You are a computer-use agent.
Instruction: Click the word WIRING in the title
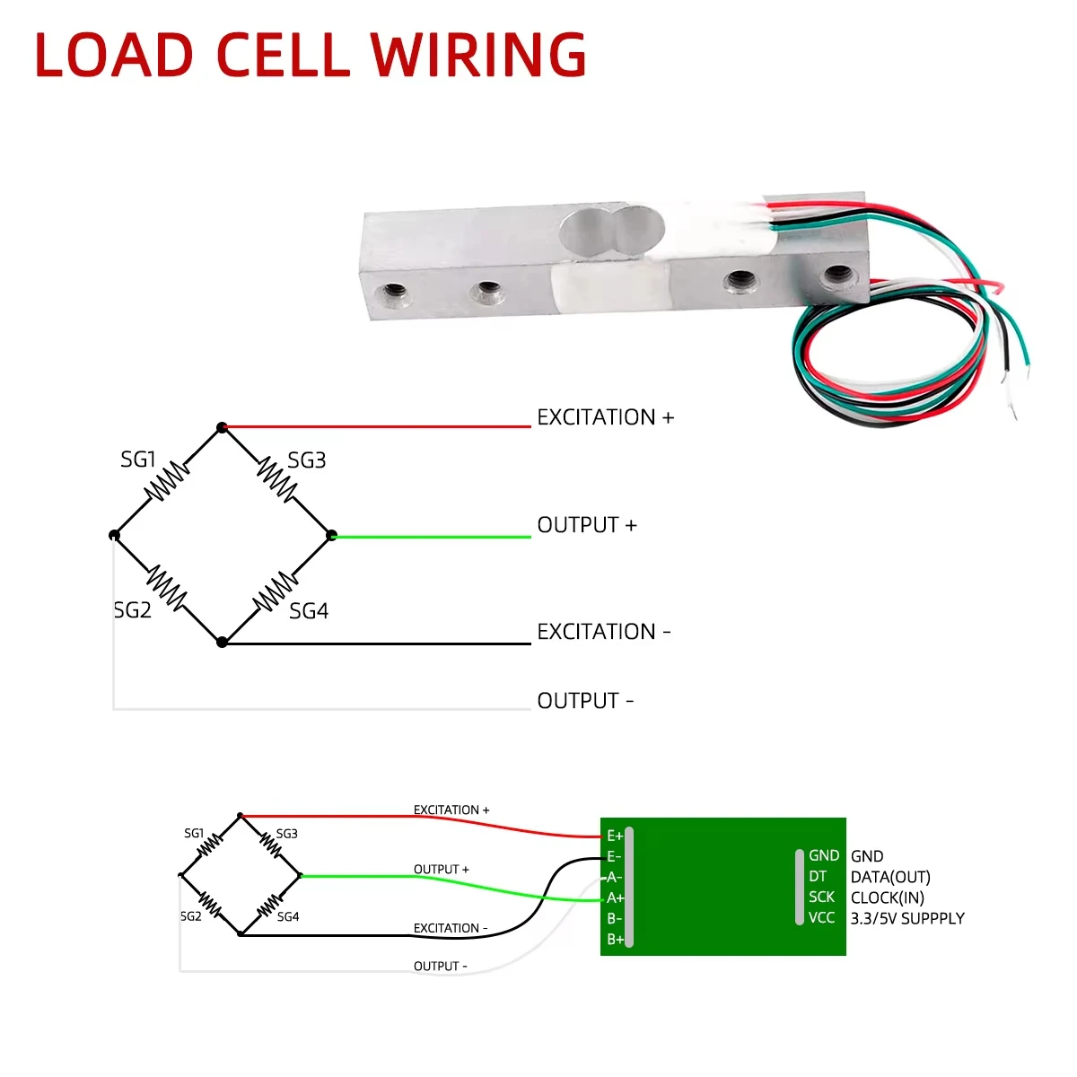point(477,54)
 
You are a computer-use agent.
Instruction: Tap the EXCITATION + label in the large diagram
point(605,417)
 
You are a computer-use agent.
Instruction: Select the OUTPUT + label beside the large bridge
point(587,525)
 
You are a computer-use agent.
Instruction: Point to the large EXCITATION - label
point(604,632)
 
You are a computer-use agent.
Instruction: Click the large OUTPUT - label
point(585,700)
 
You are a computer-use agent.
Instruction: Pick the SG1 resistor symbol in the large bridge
point(167,481)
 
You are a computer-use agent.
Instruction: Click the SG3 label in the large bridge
point(306,460)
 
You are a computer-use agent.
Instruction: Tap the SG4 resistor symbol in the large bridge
point(276,591)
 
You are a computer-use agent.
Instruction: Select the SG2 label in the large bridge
point(133,609)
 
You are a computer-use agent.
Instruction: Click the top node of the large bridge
point(222,427)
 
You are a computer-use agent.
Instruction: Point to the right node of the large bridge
point(331,535)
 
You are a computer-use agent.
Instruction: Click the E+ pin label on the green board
point(615,836)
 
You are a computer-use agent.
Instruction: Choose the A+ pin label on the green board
point(615,898)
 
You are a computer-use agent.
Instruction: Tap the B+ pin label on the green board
point(615,940)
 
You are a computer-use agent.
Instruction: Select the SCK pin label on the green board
point(821,897)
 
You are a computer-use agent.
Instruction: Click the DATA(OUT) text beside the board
point(890,877)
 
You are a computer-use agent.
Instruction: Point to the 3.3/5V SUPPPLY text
point(907,918)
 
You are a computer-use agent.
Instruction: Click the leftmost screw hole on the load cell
point(393,293)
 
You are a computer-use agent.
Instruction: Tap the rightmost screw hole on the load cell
point(838,275)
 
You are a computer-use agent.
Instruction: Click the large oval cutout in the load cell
point(612,231)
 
